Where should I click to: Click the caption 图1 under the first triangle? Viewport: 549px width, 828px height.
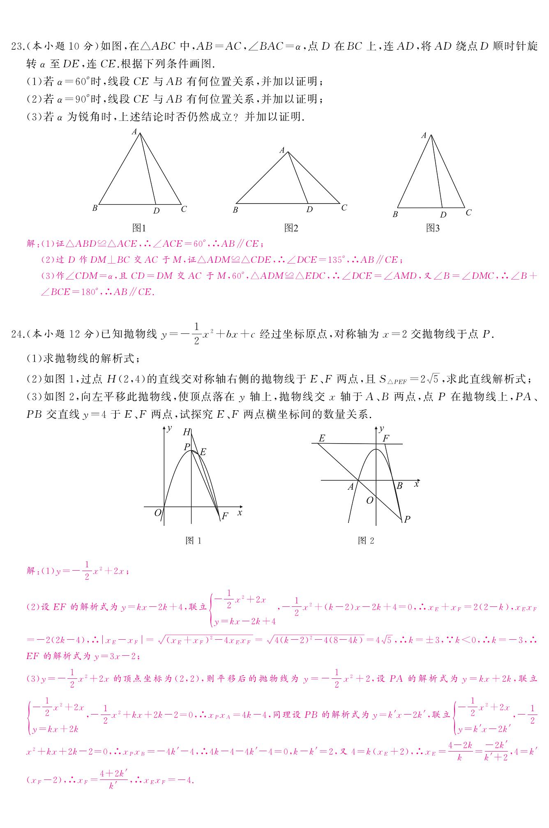[139, 228]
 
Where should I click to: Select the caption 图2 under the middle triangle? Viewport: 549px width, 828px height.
[291, 228]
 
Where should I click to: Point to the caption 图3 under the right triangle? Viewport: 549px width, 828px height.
[433, 228]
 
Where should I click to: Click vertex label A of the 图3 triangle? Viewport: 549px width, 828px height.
[424, 135]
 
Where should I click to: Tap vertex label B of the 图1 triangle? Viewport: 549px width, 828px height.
[95, 208]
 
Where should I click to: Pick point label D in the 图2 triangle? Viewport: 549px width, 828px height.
[309, 209]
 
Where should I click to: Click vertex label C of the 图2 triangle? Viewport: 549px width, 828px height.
[344, 208]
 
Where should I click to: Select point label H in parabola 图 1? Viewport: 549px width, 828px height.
[187, 432]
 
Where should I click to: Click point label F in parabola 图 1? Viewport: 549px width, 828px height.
[224, 516]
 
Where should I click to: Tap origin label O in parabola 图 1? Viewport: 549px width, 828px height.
[158, 513]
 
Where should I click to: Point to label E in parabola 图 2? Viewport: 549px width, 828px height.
[322, 438]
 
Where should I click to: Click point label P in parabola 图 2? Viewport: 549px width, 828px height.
[407, 519]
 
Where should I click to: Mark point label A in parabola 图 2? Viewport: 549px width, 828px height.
[351, 487]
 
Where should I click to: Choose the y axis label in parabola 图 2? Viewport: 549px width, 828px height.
[382, 428]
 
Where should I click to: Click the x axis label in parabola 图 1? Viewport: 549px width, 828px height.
[240, 513]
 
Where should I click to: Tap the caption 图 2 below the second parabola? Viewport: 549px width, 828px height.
[366, 540]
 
